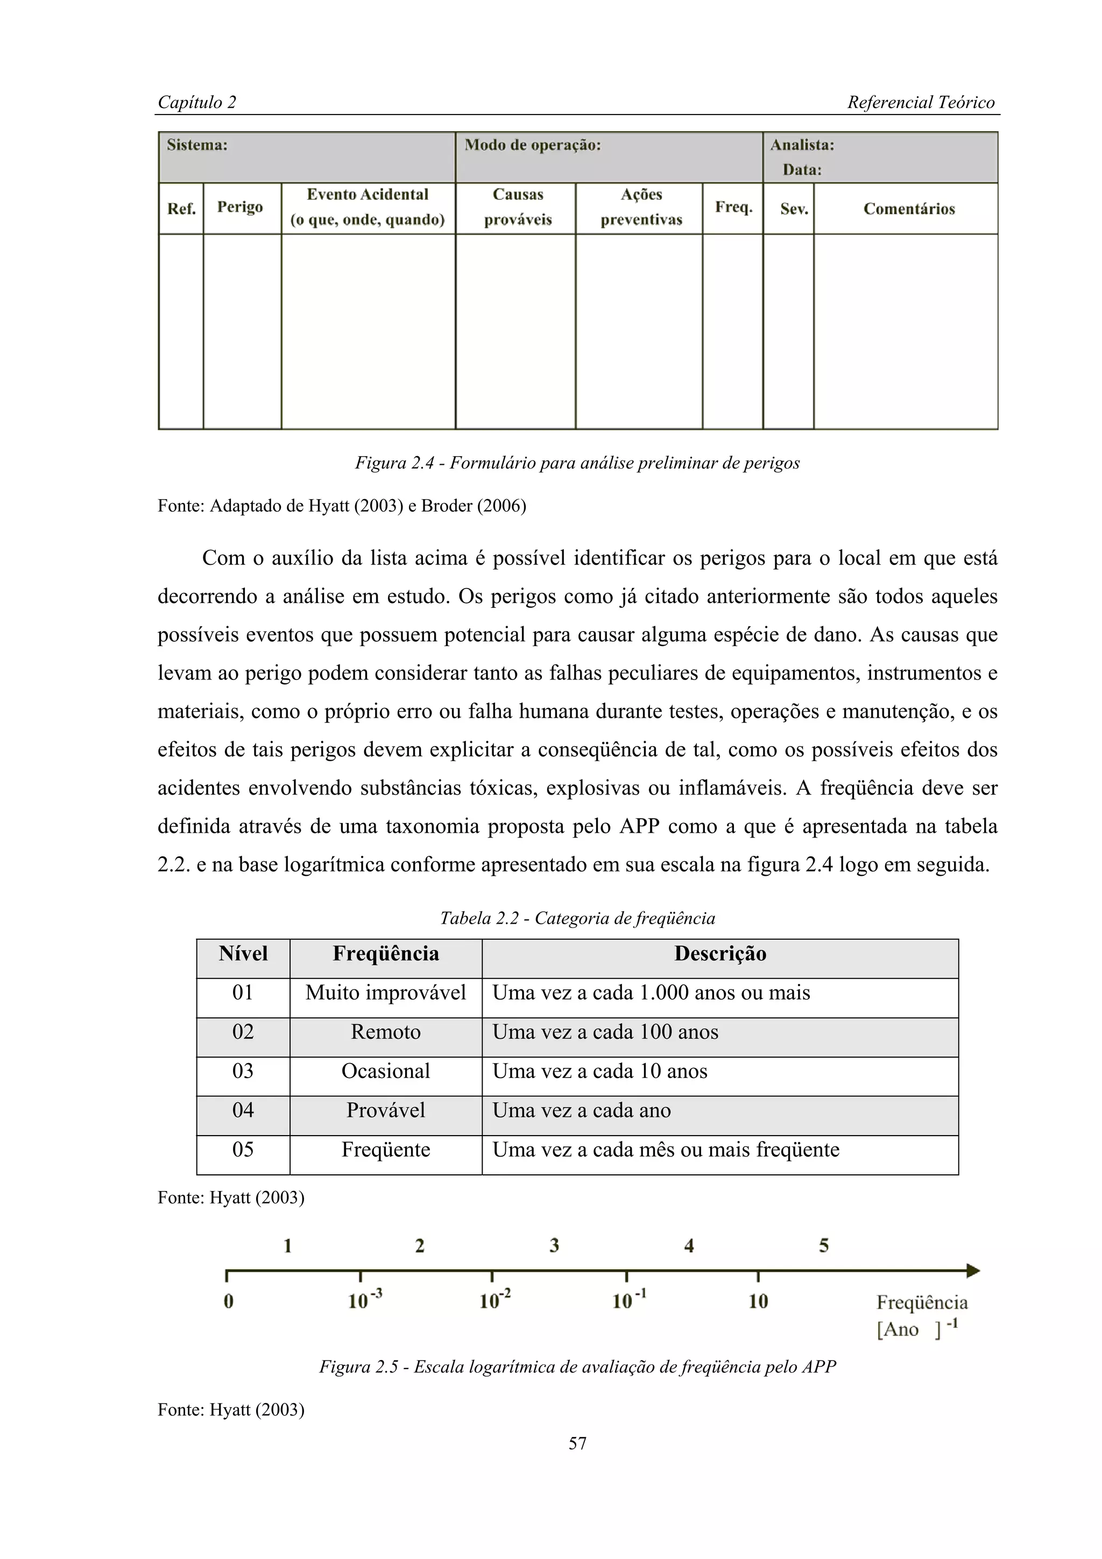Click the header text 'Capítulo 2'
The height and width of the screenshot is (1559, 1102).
pos(197,103)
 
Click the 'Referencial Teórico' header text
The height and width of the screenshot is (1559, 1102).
pos(920,103)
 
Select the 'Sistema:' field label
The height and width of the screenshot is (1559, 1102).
pos(197,145)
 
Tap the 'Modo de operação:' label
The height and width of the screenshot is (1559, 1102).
pos(532,145)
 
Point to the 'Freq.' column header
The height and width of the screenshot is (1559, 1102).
pos(733,207)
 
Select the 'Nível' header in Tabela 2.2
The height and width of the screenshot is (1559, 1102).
pos(243,954)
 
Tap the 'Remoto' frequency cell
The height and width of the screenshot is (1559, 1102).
pos(386,1032)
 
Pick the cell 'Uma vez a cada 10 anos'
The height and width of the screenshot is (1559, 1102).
pos(599,1072)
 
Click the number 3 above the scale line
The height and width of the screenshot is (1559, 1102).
pos(554,1245)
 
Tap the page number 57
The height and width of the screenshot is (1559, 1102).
pos(577,1443)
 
